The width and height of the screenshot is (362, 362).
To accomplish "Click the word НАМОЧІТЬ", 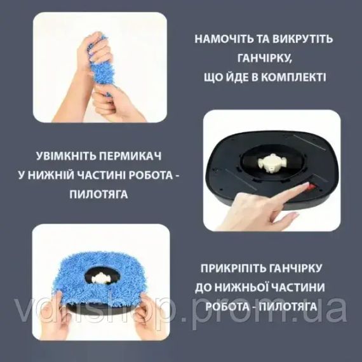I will click(x=220, y=38).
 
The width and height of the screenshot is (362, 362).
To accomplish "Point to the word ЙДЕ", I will click(x=235, y=77).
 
